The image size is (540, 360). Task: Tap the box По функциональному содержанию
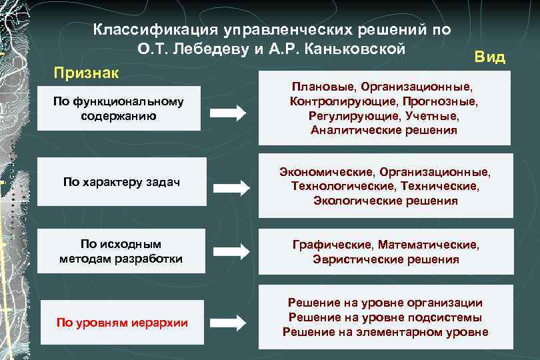click(x=119, y=108)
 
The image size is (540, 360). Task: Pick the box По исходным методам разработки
click(x=121, y=251)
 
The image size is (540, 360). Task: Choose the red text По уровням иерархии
click(x=122, y=323)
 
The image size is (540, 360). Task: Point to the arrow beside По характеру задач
click(x=229, y=181)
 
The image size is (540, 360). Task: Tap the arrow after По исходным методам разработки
click(x=229, y=251)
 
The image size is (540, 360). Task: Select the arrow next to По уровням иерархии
click(x=229, y=323)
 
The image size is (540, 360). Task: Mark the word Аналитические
click(x=351, y=130)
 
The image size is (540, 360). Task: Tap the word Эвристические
click(x=354, y=259)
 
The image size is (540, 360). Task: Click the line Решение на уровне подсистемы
click(x=385, y=317)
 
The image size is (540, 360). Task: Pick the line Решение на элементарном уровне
click(x=385, y=332)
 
